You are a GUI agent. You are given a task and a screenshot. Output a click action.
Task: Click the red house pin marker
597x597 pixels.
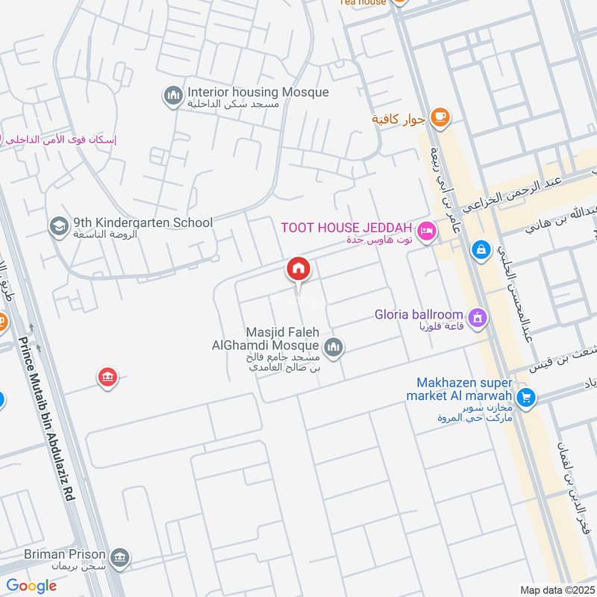[299, 269]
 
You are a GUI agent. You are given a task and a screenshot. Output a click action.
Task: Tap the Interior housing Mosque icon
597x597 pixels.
[173, 96]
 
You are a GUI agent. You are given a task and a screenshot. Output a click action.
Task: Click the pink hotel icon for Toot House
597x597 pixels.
[426, 231]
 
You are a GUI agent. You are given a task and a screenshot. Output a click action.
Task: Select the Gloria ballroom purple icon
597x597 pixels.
[478, 319]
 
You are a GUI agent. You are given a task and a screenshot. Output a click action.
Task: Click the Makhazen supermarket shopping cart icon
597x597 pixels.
[526, 398]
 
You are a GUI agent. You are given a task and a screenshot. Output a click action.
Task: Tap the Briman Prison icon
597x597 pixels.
[119, 557]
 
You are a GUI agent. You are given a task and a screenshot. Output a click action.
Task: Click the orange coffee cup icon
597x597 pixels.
[440, 116]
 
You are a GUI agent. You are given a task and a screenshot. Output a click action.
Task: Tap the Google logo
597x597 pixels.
[31, 586]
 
